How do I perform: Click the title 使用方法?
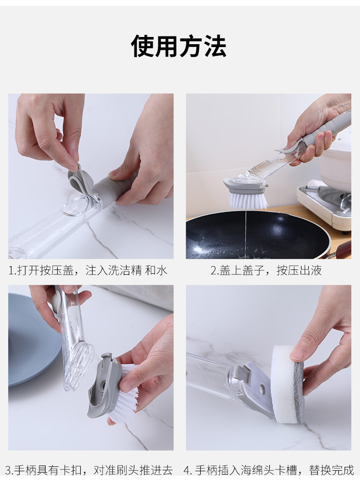(x=179, y=47)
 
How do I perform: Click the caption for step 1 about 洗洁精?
(x=88, y=270)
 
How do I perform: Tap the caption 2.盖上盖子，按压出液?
(x=266, y=270)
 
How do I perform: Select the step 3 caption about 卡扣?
(x=89, y=470)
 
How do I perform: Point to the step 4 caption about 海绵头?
(x=269, y=470)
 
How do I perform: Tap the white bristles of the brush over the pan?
(x=248, y=199)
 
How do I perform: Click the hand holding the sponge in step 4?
(x=326, y=336)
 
